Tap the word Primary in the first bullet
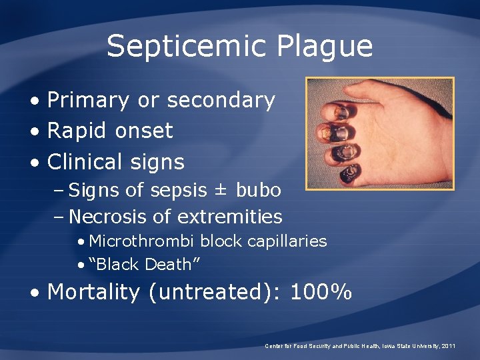89,100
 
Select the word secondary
221,100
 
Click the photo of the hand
379,133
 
